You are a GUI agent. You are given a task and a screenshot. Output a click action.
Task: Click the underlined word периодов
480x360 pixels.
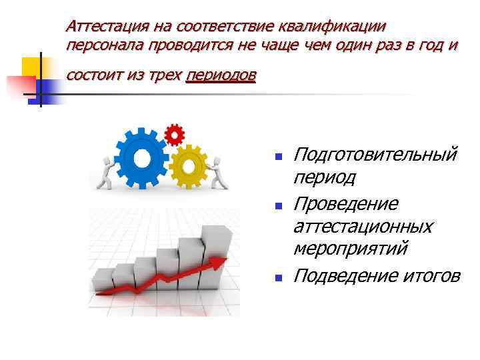click(x=221, y=75)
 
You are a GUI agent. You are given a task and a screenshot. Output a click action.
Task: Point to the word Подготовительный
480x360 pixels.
click(x=375, y=155)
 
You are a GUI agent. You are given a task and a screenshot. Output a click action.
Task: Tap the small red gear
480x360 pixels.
click(x=174, y=135)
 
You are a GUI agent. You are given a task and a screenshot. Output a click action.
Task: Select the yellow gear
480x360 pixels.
click(x=188, y=167)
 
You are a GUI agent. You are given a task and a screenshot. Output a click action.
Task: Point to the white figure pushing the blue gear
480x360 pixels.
click(x=105, y=171)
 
